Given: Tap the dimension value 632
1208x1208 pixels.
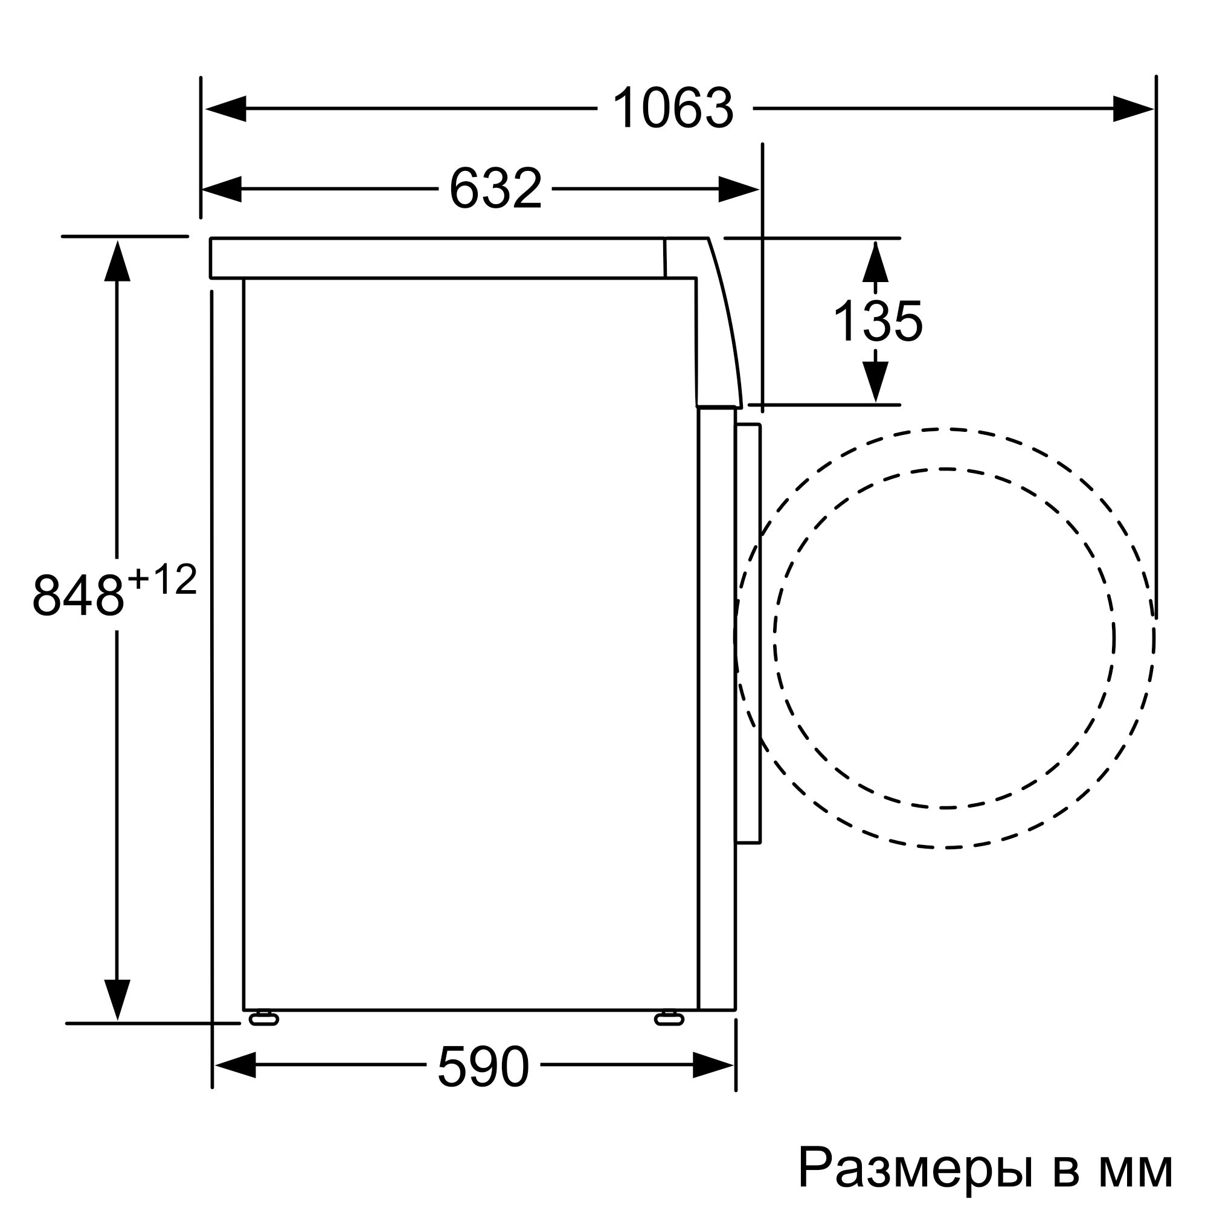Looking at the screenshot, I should tap(495, 189).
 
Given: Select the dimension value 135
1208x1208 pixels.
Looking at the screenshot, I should tap(877, 321).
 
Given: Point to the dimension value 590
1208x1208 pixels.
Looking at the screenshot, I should tap(483, 1067).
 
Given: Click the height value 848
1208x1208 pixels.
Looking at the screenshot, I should tap(78, 596).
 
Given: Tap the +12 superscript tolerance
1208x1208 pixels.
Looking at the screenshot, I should tap(162, 580).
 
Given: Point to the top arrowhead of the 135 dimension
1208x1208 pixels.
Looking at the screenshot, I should tap(875, 262).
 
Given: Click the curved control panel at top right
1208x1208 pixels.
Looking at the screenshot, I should tap(716, 325).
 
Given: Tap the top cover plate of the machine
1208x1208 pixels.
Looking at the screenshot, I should tap(438, 258).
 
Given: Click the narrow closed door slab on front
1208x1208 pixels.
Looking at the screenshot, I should tap(748, 632).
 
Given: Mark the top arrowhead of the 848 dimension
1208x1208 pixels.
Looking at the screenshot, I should tap(117, 262).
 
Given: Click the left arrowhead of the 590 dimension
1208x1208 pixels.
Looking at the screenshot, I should tap(235, 1065).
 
